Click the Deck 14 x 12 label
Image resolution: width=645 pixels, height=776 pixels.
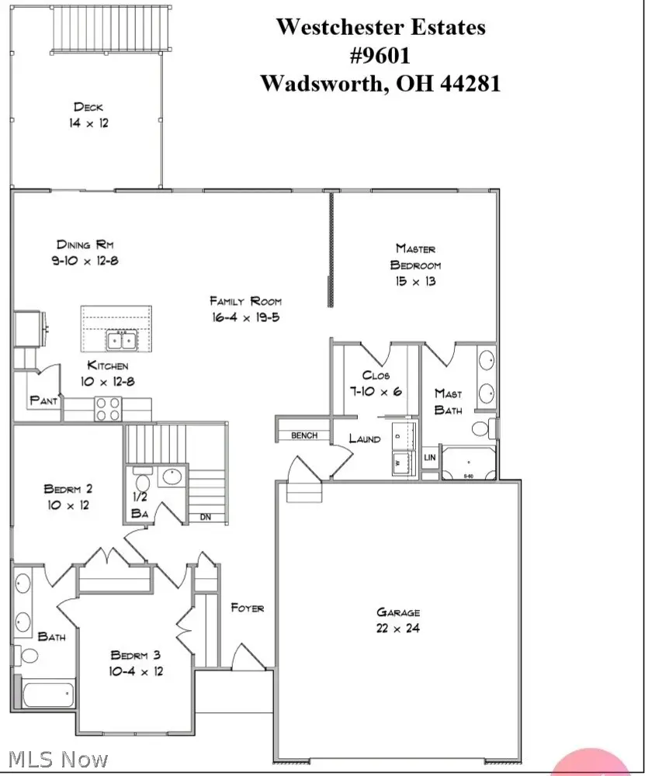87,115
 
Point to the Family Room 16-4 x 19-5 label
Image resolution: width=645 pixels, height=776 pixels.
245,309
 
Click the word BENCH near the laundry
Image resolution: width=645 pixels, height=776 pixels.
304,435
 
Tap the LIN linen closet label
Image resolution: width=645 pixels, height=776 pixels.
429,459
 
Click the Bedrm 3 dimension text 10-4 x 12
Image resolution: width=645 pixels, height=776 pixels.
137,670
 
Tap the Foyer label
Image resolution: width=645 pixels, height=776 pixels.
247,608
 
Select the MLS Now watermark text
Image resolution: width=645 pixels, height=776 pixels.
56,759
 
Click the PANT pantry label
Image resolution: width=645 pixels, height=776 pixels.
43,400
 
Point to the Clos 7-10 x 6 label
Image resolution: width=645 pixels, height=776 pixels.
376,384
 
